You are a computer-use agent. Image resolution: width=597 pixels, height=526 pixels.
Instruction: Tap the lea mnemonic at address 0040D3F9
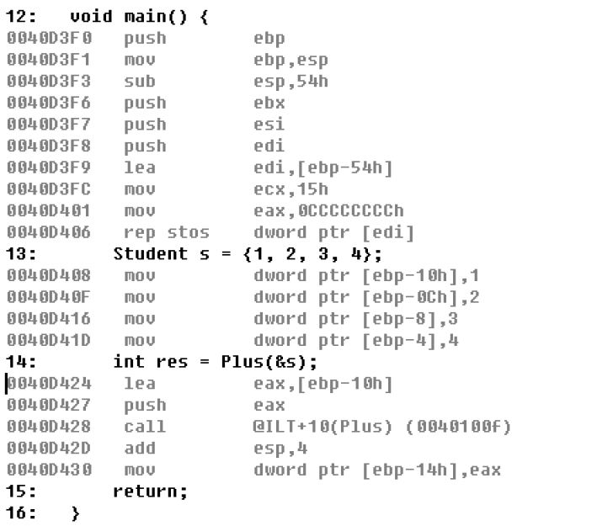[x=140, y=168]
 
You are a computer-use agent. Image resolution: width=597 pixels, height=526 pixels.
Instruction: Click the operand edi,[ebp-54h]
[x=323, y=168]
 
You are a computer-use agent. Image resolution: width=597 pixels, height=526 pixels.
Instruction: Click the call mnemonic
[x=145, y=427]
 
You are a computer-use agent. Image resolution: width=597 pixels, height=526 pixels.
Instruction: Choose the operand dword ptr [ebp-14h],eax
[x=377, y=470]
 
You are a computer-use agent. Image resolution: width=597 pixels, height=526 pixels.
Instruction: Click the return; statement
[x=151, y=491]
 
